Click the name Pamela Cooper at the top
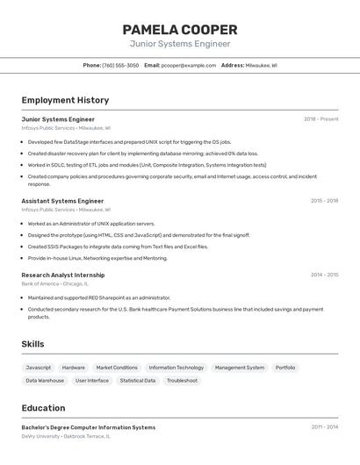coord(180,30)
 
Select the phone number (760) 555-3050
coord(120,65)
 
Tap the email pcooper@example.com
coord(188,65)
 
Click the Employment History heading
coord(65,100)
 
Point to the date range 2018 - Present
coord(320,119)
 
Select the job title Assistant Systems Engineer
coord(62,201)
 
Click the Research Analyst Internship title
coord(63,275)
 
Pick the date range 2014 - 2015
coord(324,275)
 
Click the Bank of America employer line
coord(55,284)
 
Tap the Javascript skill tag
coord(39,368)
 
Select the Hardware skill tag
coord(74,368)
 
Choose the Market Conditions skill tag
coord(117,368)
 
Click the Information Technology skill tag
coord(176,368)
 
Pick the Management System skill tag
coord(240,368)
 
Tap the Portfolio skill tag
coord(285,368)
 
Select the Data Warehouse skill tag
coord(45,381)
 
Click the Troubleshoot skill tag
coord(183,381)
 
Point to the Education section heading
coord(43,408)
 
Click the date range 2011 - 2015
coord(324,427)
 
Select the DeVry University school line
coord(66,436)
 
